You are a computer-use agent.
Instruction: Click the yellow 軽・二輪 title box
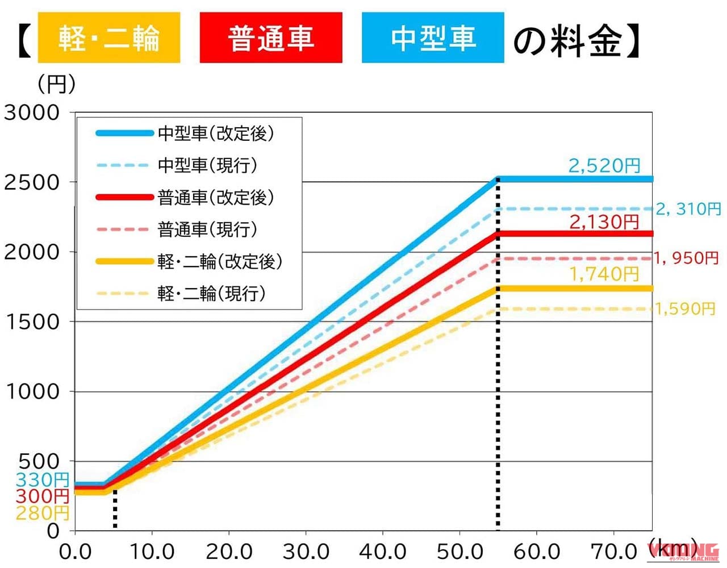coord(108,38)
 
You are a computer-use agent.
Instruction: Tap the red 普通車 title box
coord(271,38)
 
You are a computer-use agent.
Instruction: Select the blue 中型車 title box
coord(433,38)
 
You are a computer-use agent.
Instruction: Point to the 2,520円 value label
coord(604,166)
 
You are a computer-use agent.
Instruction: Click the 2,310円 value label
coord(688,209)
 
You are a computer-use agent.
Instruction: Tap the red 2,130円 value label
coord(604,222)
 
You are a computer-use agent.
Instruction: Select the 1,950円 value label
coord(686,258)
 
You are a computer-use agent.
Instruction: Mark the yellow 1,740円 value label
coord(604,274)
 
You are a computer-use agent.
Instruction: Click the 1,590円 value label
coord(685,309)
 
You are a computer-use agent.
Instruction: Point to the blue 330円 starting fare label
coord(43,479)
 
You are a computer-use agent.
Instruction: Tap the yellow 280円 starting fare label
coord(43,513)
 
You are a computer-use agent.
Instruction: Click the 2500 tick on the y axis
coord(32,183)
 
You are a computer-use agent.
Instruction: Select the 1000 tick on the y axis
coord(32,392)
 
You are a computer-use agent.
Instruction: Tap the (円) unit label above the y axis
coord(56,85)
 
